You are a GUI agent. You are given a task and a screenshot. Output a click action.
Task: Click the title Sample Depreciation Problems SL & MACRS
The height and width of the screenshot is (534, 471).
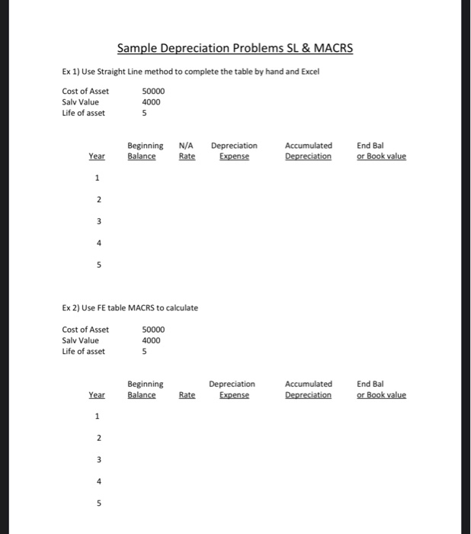coord(235,50)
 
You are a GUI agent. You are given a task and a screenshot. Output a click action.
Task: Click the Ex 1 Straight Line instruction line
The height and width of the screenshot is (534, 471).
coord(191,72)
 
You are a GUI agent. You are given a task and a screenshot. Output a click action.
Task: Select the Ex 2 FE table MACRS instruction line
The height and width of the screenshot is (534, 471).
coord(130,307)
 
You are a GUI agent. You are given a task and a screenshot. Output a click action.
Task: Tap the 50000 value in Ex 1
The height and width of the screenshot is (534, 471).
coord(153,92)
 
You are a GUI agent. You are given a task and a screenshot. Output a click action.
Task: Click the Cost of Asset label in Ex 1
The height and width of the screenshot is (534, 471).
coord(85,92)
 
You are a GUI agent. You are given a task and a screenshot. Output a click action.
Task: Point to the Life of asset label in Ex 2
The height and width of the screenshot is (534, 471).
coord(84,352)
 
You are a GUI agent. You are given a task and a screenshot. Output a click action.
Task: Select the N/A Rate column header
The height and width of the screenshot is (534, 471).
coord(186,151)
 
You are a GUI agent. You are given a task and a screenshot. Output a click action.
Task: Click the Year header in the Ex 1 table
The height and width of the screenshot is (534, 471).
coord(97,156)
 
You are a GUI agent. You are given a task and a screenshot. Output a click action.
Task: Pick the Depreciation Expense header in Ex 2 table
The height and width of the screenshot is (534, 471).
coord(232,389)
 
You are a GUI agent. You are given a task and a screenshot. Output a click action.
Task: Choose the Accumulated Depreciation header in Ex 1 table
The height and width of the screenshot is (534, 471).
coord(308,151)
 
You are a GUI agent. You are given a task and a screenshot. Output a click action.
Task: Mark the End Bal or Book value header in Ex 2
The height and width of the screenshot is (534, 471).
coord(381,389)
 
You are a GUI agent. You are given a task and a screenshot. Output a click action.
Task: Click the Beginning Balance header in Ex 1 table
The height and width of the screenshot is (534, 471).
coord(144,151)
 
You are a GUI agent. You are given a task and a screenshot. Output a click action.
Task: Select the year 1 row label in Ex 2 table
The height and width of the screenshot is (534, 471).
coord(97,417)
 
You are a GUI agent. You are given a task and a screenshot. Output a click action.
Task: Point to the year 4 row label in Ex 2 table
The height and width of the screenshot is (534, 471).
coord(97,481)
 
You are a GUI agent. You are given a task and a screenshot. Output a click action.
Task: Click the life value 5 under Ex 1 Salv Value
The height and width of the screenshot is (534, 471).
coord(145,114)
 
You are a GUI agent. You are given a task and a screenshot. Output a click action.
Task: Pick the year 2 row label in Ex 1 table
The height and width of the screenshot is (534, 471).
coord(97,201)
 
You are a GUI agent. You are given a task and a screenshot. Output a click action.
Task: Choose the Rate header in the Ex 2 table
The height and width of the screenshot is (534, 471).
coord(187,395)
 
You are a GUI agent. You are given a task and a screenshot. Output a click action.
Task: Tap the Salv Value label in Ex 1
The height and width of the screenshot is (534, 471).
coord(81,102)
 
